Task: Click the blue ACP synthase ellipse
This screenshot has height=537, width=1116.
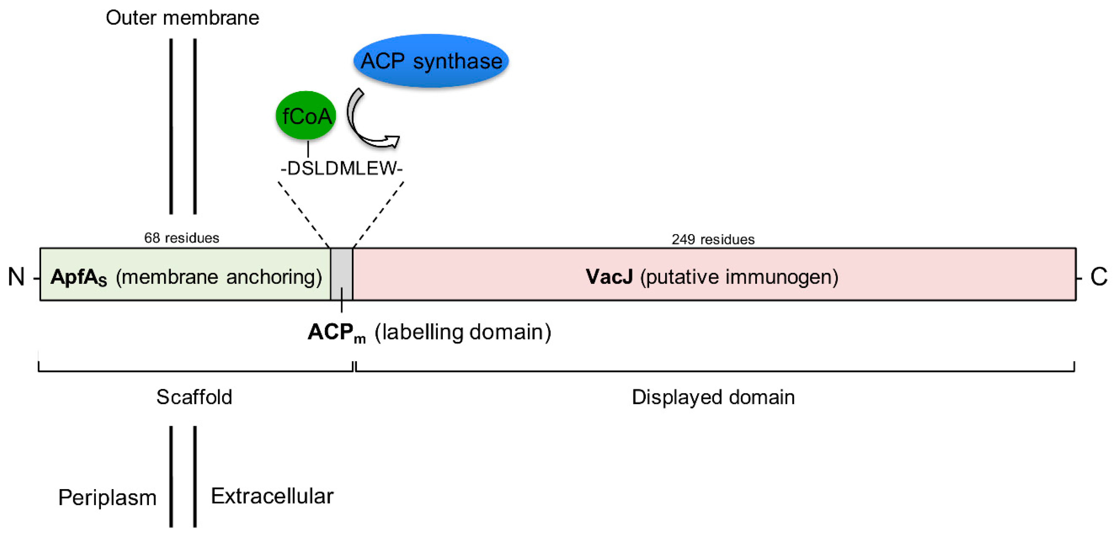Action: click(431, 61)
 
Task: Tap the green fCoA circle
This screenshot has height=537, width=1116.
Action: click(306, 115)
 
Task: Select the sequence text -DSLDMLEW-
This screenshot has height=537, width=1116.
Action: click(341, 168)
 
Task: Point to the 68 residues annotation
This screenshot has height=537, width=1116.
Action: click(182, 238)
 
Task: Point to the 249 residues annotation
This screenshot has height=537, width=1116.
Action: click(713, 239)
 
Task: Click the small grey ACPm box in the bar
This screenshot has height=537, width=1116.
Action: click(341, 274)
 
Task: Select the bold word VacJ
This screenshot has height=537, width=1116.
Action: click(609, 276)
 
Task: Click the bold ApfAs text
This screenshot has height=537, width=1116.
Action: click(78, 277)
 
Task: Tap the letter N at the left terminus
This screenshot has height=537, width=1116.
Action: click(16, 276)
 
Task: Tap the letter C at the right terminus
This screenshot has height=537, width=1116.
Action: click(1098, 276)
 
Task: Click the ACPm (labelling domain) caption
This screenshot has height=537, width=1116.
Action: click(429, 333)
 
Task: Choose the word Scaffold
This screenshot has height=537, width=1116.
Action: click(194, 397)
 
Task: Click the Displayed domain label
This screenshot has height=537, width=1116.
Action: click(713, 397)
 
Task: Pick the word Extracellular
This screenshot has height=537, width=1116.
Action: click(272, 496)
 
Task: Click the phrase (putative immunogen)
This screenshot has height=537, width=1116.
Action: click(739, 276)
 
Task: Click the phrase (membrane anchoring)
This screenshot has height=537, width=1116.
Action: click(219, 276)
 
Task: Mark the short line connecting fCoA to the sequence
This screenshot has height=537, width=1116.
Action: click(308, 149)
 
